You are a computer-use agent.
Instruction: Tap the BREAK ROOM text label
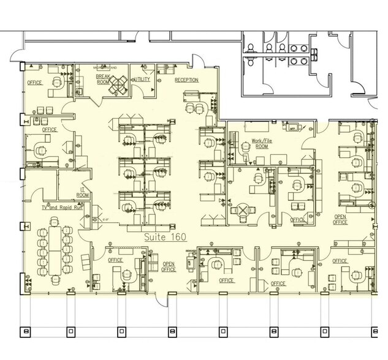pyautogui.click(x=102, y=80)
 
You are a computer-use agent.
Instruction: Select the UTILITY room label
pyautogui.click(x=143, y=80)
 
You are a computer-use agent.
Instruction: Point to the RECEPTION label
pyautogui.click(x=186, y=80)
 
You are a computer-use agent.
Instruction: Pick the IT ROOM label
pyautogui.click(x=84, y=192)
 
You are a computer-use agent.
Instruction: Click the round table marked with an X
pyautogui.click(x=243, y=211)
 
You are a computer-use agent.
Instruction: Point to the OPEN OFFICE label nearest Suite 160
pyautogui.click(x=169, y=266)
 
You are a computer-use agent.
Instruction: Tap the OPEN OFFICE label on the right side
pyautogui.click(x=341, y=219)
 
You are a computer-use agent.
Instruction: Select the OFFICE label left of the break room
pyautogui.click(x=34, y=81)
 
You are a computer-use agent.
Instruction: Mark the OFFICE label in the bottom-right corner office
pyautogui.click(x=340, y=261)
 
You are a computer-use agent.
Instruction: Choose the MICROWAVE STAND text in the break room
pyautogui.click(x=105, y=67)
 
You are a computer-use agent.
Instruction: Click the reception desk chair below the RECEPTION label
pyautogui.click(x=197, y=108)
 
